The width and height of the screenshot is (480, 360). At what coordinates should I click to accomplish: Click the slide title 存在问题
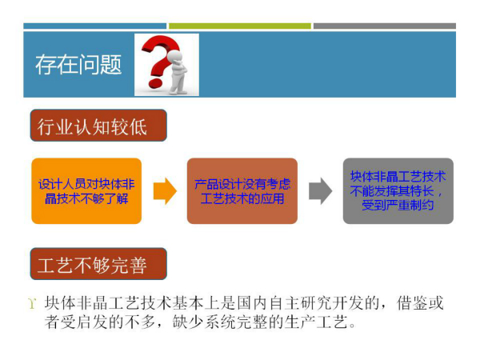tap(78, 65)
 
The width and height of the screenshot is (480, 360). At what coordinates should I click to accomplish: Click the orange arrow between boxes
tap(165, 190)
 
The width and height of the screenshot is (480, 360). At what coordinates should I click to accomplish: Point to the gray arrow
tap(320, 190)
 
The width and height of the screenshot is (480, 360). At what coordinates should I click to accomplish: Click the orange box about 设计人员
tap(86, 190)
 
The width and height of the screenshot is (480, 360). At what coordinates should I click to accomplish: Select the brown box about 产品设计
tap(242, 190)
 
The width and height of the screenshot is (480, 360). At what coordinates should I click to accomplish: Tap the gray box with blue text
tap(398, 190)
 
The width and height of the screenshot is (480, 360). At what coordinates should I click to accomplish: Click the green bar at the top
tap(240, 26)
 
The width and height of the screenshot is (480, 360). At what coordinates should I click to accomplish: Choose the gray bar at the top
tap(385, 26)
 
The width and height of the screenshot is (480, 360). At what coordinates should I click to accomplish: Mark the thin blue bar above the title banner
tap(95, 26)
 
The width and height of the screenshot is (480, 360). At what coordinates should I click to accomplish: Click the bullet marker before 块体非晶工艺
tap(32, 304)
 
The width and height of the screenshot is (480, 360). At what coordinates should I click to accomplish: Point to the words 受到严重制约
tap(398, 206)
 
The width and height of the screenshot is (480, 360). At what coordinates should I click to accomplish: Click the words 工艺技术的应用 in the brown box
tap(242, 198)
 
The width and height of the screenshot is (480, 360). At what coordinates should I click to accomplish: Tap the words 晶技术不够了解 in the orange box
tap(86, 198)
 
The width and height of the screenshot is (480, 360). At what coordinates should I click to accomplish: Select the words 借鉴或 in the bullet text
tap(420, 303)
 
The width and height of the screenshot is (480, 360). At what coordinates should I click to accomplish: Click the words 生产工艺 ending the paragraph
tap(316, 322)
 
